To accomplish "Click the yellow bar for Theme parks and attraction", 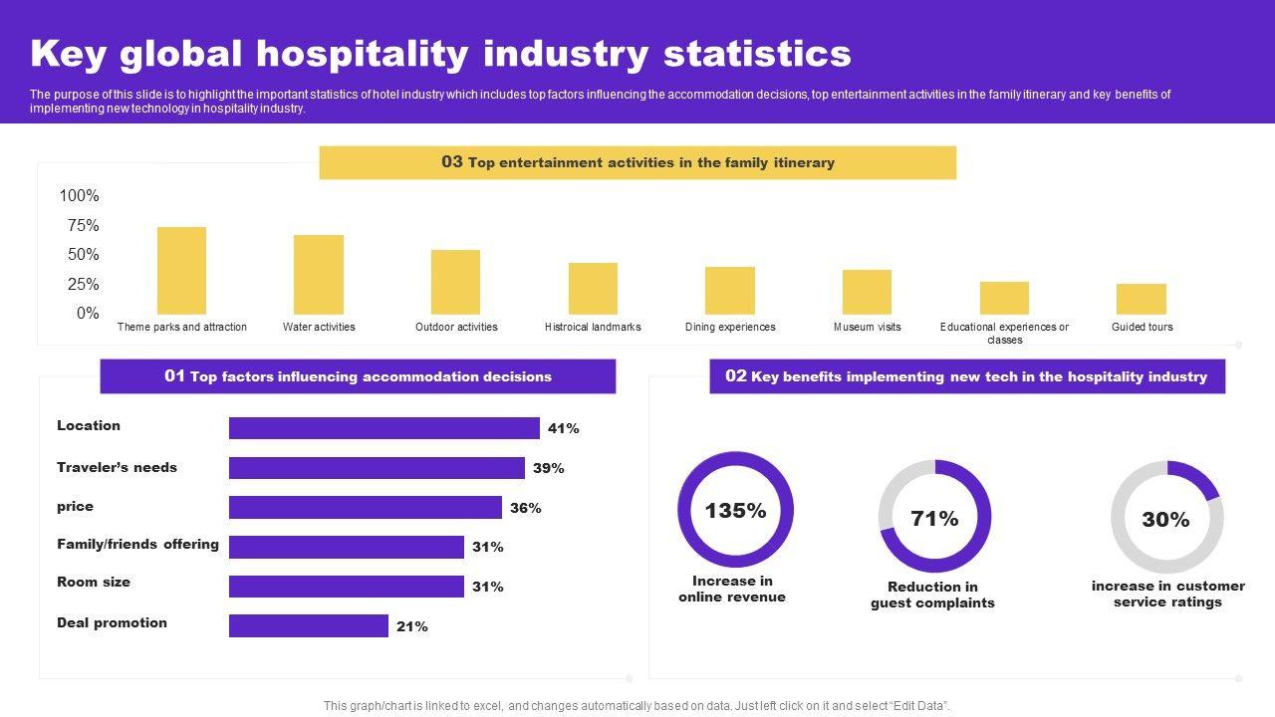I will click(181, 271).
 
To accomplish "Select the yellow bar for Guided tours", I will click(1141, 299).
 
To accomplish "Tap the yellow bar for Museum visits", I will click(867, 292).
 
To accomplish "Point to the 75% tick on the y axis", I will click(83, 225).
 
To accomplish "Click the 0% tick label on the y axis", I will click(88, 313).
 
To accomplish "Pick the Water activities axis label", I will click(319, 327).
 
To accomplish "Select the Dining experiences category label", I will click(730, 327).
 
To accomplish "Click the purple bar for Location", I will click(383, 428).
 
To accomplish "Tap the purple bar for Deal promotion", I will click(308, 625).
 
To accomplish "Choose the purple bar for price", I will click(365, 508).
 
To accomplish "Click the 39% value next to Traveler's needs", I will click(548, 468).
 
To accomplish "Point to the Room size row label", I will click(94, 582).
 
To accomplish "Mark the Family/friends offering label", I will click(137, 544).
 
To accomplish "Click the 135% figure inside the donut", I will click(735, 511).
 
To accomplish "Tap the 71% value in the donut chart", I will click(934, 518).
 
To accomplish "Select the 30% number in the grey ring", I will click(1165, 519).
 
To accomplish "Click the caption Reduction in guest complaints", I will click(932, 595).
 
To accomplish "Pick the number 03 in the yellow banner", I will click(452, 161).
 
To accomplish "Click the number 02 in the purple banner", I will click(736, 375).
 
